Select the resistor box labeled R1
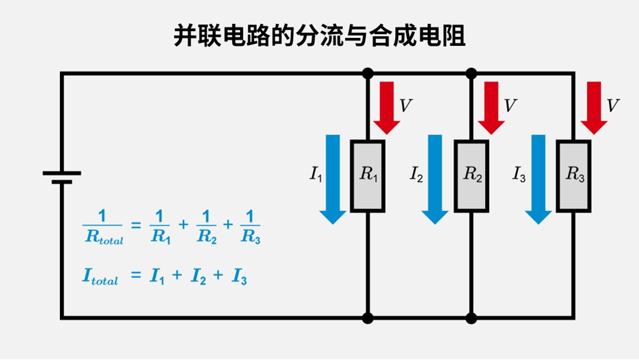pyautogui.click(x=368, y=176)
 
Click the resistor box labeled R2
pyautogui.click(x=471, y=176)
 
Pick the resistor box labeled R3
pyautogui.click(x=574, y=176)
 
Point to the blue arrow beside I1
pyautogui.click(x=334, y=178)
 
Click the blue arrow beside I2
pyautogui.click(x=435, y=178)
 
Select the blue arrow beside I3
pyautogui.click(x=539, y=178)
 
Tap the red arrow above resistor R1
pyautogui.click(x=387, y=108)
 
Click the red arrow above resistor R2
pyautogui.click(x=491, y=108)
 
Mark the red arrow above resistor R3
pyautogui.click(x=594, y=108)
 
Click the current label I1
pyautogui.click(x=316, y=175)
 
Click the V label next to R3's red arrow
pyautogui.click(x=613, y=106)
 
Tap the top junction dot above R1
pyautogui.click(x=368, y=74)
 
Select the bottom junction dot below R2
pyautogui.click(x=471, y=318)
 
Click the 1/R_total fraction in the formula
pyautogui.click(x=103, y=227)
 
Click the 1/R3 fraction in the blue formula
pyautogui.click(x=250, y=227)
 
